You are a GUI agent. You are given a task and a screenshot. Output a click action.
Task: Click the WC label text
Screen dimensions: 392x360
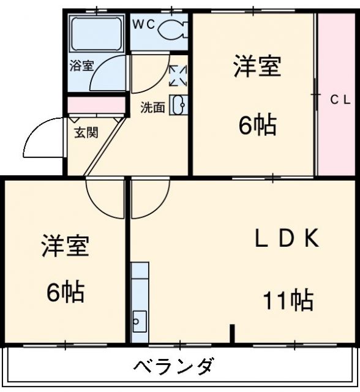145,25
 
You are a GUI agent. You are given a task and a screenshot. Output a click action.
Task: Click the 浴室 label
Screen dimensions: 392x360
81,66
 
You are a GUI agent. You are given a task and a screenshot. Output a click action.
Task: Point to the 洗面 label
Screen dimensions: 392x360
152,107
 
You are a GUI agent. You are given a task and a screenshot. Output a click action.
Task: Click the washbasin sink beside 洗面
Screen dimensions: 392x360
179,105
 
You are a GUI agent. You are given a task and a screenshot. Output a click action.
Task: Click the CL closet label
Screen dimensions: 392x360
340,99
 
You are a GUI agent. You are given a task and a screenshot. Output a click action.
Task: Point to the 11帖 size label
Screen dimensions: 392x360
288,301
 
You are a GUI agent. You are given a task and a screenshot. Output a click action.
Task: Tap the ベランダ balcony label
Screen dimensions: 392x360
174,367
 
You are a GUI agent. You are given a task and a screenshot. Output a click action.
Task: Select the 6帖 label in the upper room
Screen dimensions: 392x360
257,126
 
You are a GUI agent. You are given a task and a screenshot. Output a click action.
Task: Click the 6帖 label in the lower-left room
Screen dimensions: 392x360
66,293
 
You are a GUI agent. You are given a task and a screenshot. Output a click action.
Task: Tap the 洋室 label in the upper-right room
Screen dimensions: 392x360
257,67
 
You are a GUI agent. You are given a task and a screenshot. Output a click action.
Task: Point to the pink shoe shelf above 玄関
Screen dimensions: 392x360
96,105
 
